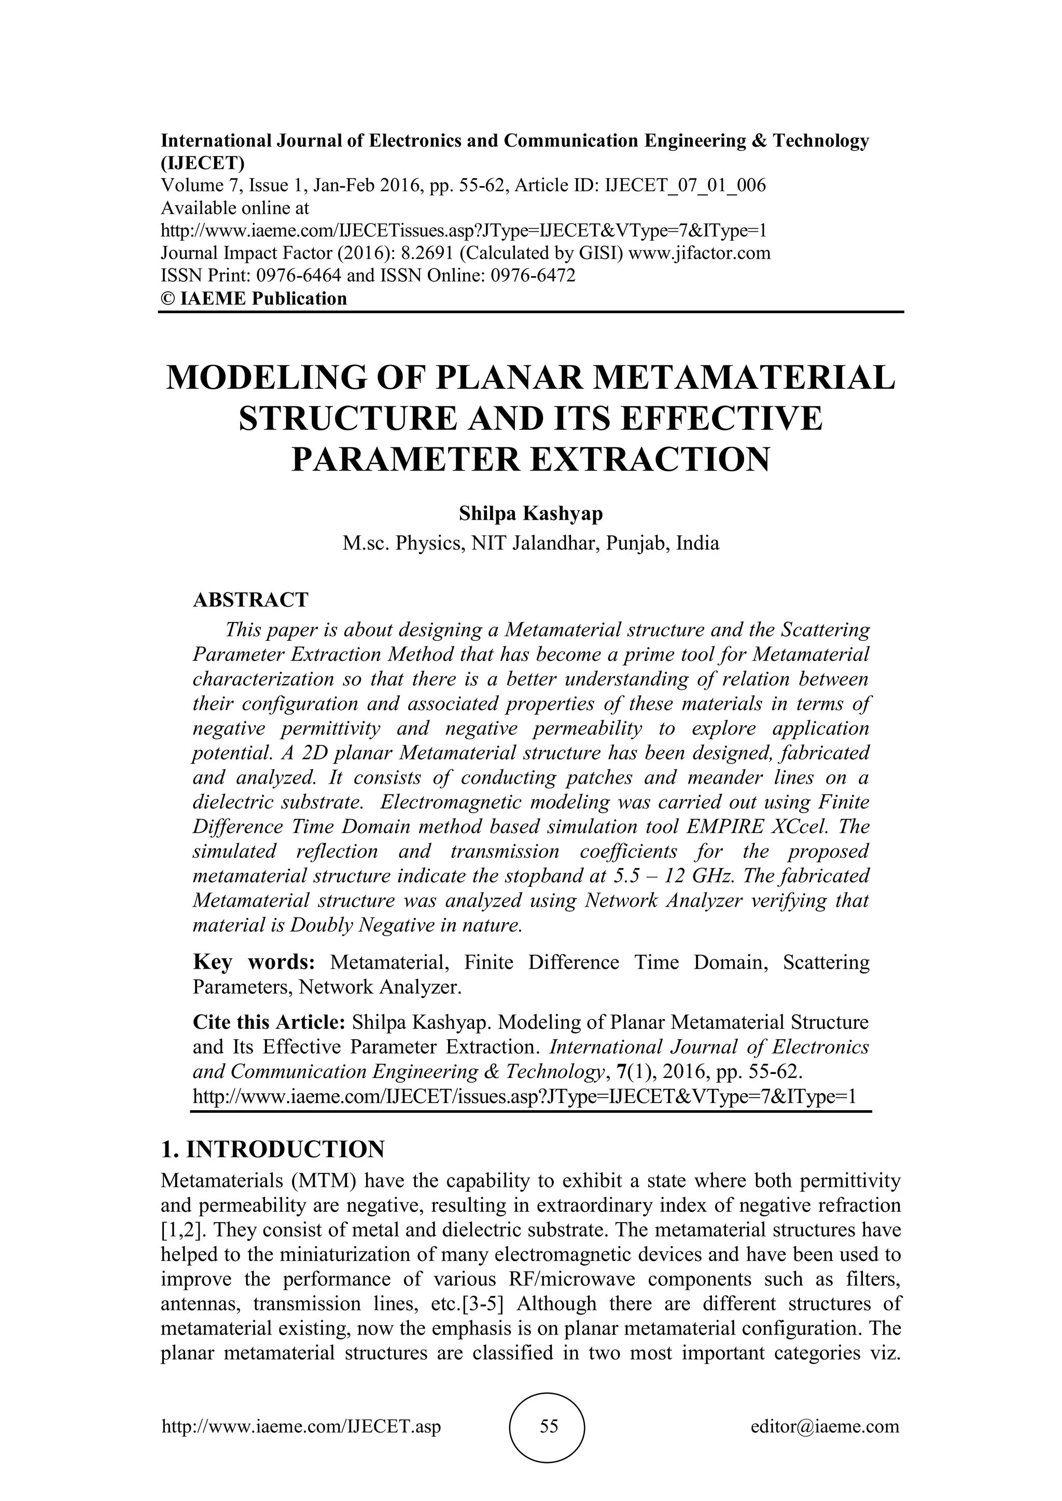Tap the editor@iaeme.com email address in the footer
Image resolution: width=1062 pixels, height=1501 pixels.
(x=825, y=1426)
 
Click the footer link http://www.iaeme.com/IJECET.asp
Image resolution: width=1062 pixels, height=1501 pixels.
(x=301, y=1426)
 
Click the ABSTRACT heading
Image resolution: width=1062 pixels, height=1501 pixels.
(x=250, y=600)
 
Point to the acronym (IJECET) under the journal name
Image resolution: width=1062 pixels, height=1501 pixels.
(x=203, y=162)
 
